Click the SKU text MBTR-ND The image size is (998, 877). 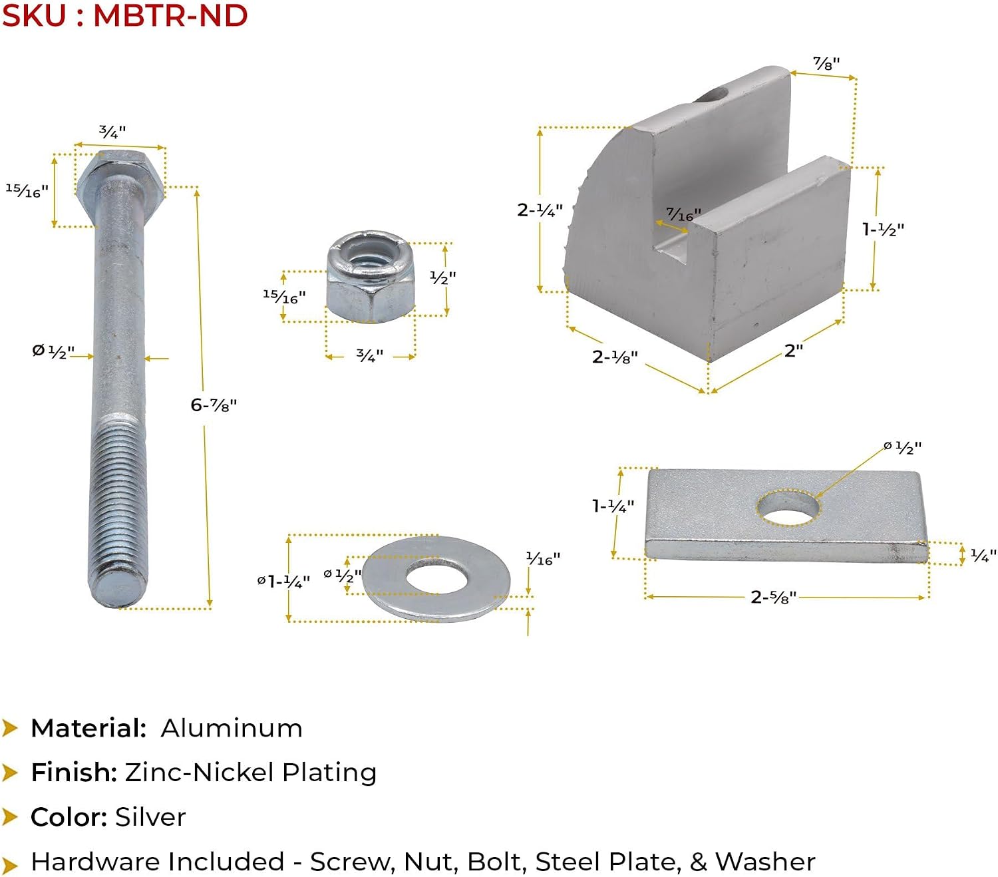tap(170, 15)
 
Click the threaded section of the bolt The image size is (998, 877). tap(118, 502)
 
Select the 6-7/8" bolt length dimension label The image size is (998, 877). tap(214, 405)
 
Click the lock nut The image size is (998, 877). tap(370, 276)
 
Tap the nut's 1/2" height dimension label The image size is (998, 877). tap(443, 277)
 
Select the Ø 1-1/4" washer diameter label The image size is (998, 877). tap(283, 582)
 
